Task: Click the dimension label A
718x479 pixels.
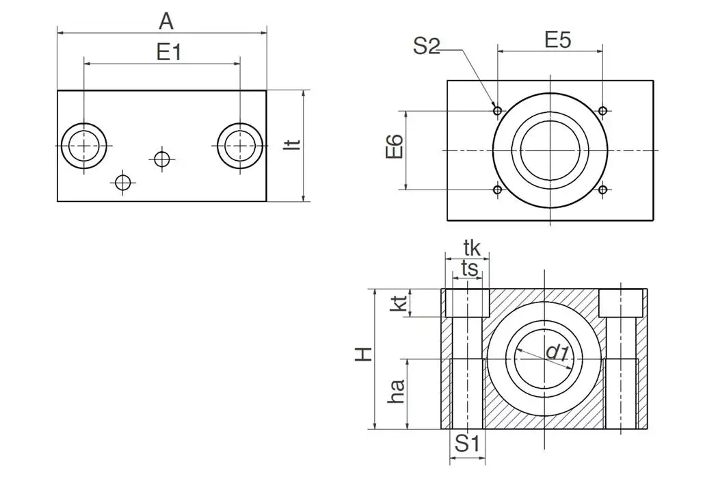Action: (166, 21)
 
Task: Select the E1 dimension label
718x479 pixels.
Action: (169, 52)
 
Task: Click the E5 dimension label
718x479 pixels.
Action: (557, 40)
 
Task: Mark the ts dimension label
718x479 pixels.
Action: (469, 268)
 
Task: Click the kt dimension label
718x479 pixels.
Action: (399, 302)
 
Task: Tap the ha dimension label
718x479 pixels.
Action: (397, 392)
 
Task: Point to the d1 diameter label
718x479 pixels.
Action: (557, 352)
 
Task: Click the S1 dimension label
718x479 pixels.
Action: (468, 444)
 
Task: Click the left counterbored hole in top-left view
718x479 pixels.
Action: (84, 146)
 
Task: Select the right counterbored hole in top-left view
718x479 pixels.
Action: (241, 146)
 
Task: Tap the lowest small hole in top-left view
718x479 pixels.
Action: (123, 182)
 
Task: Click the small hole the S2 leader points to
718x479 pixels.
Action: (498, 110)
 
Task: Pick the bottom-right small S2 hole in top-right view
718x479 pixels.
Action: (602, 190)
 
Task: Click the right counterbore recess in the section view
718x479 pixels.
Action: (622, 302)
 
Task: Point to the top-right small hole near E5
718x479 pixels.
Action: (602, 110)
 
